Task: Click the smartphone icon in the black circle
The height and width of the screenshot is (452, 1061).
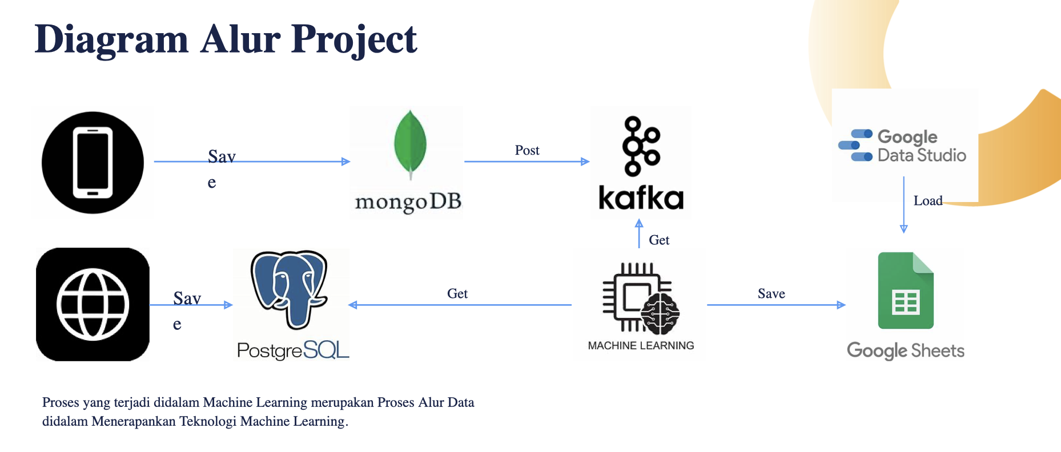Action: tap(93, 163)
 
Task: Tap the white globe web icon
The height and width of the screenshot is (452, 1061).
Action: tap(93, 304)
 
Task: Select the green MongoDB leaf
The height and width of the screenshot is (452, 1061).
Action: tap(410, 143)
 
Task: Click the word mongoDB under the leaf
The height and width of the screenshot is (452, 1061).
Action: tap(408, 202)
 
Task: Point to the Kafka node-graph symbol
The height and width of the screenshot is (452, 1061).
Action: tap(641, 146)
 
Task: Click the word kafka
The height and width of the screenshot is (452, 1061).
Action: tap(641, 198)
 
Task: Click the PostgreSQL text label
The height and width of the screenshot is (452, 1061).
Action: tap(292, 350)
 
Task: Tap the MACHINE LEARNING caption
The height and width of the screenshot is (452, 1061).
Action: tap(641, 345)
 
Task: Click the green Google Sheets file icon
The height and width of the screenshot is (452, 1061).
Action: tap(905, 291)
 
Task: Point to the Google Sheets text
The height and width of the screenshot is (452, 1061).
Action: tap(905, 350)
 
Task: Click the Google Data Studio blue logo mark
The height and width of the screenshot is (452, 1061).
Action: tap(855, 146)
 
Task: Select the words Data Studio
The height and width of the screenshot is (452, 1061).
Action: tap(921, 155)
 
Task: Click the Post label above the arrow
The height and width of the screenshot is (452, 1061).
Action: tap(527, 150)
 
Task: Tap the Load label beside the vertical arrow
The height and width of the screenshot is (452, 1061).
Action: tap(927, 201)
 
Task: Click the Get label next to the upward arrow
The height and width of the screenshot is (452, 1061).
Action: tap(659, 240)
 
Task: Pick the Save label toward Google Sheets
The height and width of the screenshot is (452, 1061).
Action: tap(771, 293)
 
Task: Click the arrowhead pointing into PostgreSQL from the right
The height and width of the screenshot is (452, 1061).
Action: tap(353, 305)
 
